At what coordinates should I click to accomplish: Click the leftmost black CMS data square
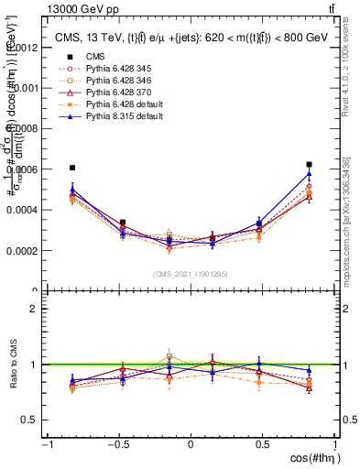coord(72,168)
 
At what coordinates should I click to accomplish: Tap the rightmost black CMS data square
coord(310,165)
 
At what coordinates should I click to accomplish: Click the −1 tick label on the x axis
coord(46,445)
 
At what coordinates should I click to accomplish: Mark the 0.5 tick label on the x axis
coord(263,445)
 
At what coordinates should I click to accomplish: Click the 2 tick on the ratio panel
coord(35,309)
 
